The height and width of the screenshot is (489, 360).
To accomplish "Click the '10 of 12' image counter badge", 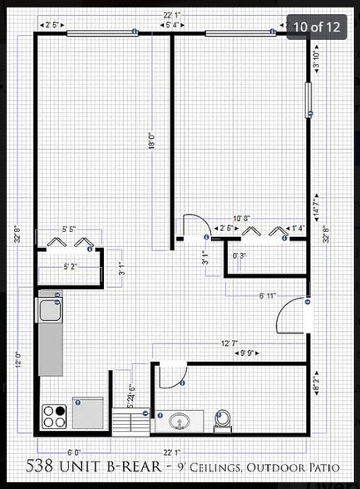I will pyautogui.click(x=316, y=27).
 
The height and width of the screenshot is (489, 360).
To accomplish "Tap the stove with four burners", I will pyautogui.click(x=54, y=414).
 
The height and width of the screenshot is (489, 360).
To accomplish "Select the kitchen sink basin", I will pyautogui.click(x=47, y=311).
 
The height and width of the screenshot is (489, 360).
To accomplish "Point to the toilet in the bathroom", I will pyautogui.click(x=222, y=420).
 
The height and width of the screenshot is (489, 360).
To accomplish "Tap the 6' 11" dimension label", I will pyautogui.click(x=267, y=295).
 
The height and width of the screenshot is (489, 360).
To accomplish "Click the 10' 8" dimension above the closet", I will pyautogui.click(x=241, y=218).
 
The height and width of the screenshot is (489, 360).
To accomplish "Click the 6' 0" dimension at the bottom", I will pyautogui.click(x=74, y=452).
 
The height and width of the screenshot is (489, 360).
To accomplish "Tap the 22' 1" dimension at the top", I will pyautogui.click(x=172, y=15).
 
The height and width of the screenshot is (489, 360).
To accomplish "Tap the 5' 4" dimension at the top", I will pyautogui.click(x=174, y=26).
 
